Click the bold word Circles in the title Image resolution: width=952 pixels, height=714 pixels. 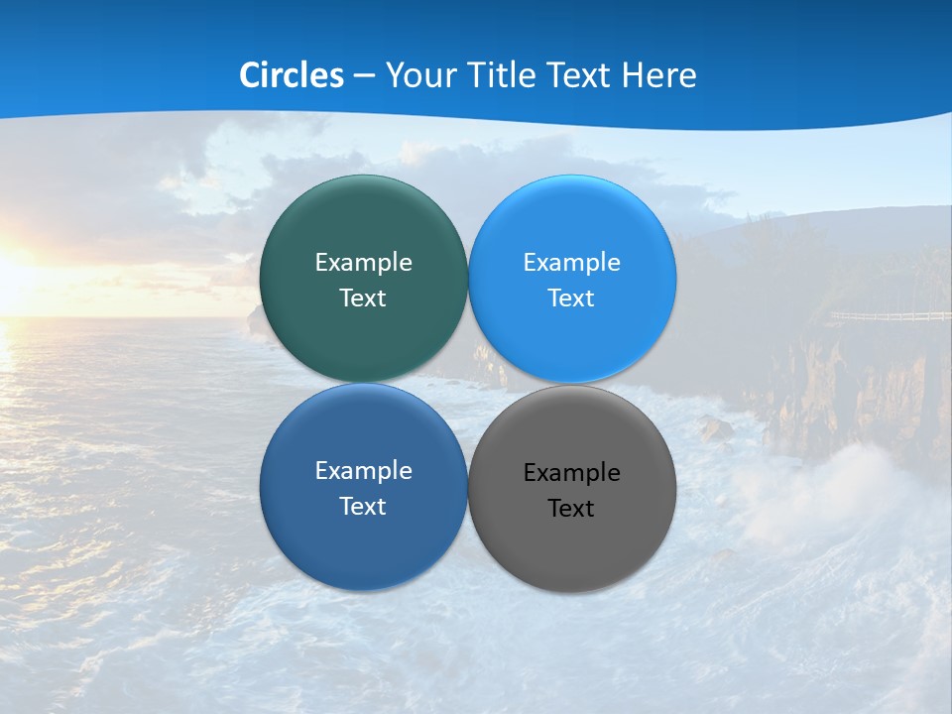pyautogui.click(x=292, y=75)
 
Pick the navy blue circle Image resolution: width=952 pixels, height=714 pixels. pyautogui.click(x=363, y=545)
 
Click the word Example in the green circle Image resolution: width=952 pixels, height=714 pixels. pyautogui.click(x=363, y=263)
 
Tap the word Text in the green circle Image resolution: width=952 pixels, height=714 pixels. pyautogui.click(x=363, y=298)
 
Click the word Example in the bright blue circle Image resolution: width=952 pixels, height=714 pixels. pyautogui.click(x=571, y=263)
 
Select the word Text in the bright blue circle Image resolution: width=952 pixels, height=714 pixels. pyautogui.click(x=571, y=298)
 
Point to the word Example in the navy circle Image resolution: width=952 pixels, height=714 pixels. pyautogui.click(x=363, y=471)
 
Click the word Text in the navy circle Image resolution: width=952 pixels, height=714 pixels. pyautogui.click(x=363, y=507)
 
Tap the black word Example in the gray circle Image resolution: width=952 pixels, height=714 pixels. pyautogui.click(x=571, y=473)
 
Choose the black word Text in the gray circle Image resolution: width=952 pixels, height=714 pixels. pyautogui.click(x=571, y=509)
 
